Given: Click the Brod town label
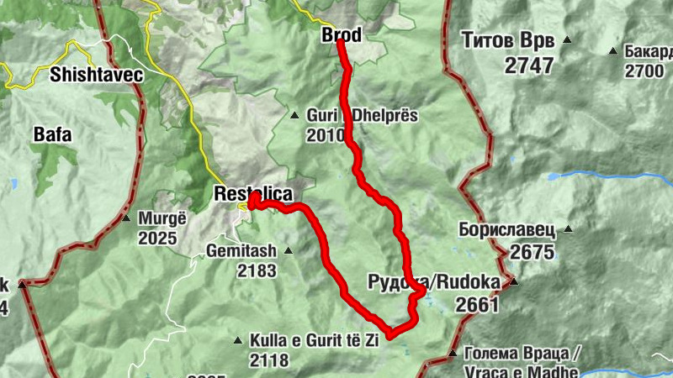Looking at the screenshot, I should point(342,35).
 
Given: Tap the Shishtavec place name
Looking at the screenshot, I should point(96,75).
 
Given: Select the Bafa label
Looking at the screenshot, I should point(52,134).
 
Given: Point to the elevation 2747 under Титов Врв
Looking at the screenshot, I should point(529,66).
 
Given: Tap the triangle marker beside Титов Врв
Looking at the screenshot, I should point(567,39).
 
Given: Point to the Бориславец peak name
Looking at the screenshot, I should point(509,228).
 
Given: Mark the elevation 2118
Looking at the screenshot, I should point(268,361).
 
